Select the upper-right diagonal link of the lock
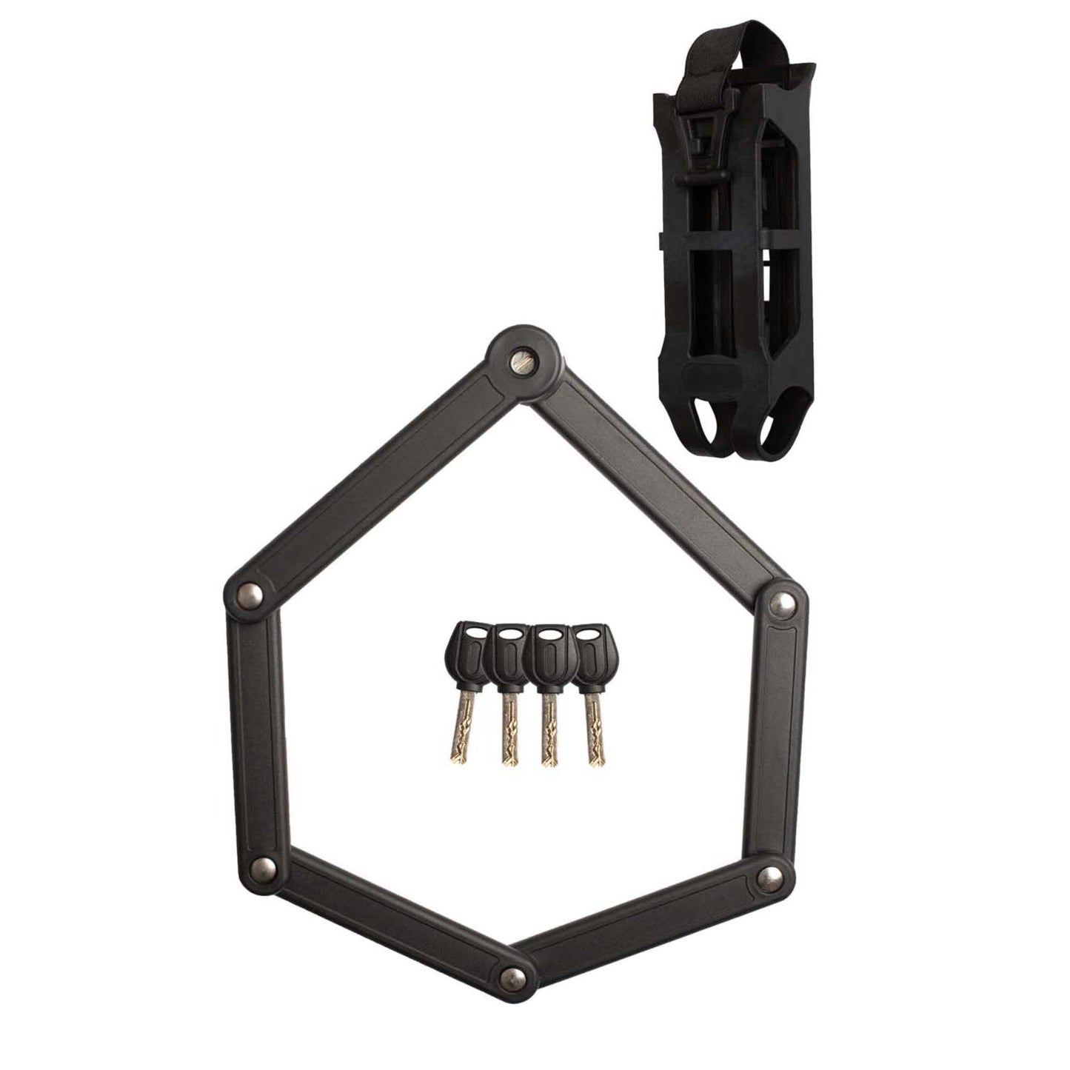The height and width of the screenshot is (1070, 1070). point(659,481)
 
